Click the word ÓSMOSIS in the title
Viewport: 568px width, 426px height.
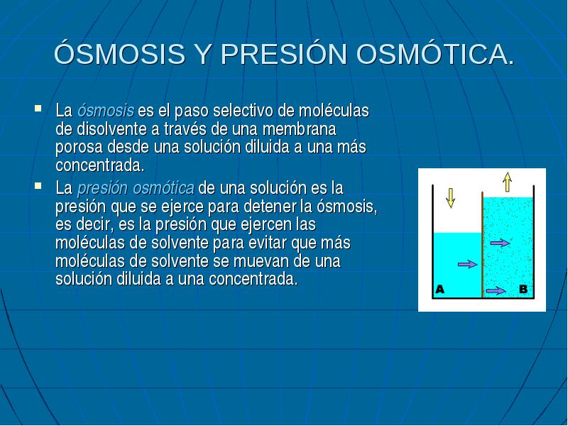pyautogui.click(x=120, y=54)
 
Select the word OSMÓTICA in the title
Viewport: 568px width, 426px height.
pyautogui.click(x=435, y=55)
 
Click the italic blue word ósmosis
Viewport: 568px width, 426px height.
pyautogui.click(x=105, y=110)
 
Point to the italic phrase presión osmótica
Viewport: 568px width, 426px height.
pyautogui.click(x=136, y=188)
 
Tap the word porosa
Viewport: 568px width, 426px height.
pyautogui.click(x=80, y=148)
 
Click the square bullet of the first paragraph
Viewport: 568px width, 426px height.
pyautogui.click(x=38, y=109)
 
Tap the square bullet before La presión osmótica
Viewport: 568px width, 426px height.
pyautogui.click(x=38, y=186)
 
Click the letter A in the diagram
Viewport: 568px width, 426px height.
pyautogui.click(x=439, y=289)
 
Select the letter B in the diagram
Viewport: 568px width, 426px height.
pyautogui.click(x=523, y=289)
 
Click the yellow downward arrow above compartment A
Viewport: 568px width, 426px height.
pyautogui.click(x=451, y=198)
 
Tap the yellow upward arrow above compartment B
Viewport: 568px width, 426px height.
pyautogui.click(x=507, y=182)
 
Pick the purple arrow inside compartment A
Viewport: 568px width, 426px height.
pyautogui.click(x=468, y=264)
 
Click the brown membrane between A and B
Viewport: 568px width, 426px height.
pyautogui.click(x=483, y=244)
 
